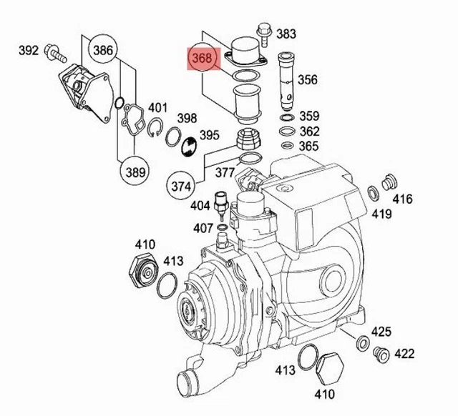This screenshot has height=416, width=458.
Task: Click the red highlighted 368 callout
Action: click(202, 59)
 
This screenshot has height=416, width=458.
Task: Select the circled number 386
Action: click(103, 50)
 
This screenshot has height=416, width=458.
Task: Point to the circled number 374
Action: click(183, 185)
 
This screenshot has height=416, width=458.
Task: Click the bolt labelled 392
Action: click(54, 51)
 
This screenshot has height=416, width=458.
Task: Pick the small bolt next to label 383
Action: click(261, 31)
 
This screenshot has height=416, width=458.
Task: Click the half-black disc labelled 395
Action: click(189, 146)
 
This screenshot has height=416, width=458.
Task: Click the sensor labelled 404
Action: click(222, 204)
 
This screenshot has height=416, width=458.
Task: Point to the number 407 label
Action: click(201, 229)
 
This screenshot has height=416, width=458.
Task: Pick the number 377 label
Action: click(225, 172)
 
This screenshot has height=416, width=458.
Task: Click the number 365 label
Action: click(309, 147)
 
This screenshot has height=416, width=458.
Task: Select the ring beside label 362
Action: click(286, 131)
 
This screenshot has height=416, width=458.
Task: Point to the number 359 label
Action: click(309, 116)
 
